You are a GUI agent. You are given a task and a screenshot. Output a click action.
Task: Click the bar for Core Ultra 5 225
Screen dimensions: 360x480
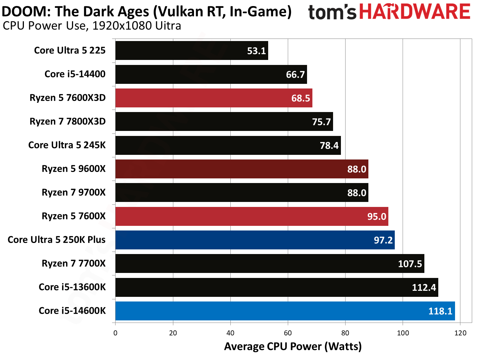[x=192, y=51]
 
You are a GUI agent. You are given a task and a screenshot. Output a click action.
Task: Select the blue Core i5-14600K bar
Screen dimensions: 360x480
[x=285, y=311]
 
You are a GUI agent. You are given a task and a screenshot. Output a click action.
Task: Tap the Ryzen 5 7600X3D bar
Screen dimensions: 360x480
[x=214, y=98]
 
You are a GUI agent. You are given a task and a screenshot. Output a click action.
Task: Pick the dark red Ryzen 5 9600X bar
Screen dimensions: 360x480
[x=241, y=169]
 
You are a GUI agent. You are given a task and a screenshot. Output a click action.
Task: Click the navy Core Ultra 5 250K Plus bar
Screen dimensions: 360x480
[x=255, y=240]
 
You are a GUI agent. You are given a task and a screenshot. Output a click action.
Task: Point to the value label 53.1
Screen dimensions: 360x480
[x=256, y=51]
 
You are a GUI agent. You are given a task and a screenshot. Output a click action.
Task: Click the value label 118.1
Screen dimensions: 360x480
[x=440, y=311]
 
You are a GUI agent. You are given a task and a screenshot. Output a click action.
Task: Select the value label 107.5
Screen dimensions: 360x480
[x=410, y=264]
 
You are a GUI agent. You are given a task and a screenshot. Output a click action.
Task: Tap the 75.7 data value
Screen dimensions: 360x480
[x=321, y=122]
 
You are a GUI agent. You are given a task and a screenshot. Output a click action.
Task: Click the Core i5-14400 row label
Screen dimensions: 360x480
[x=75, y=74]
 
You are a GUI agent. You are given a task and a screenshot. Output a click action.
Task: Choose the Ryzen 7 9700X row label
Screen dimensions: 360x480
[x=73, y=193]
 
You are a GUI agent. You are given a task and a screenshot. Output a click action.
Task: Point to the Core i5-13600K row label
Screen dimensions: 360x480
[x=72, y=287]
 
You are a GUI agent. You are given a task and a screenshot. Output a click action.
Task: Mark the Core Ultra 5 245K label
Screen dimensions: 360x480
[x=67, y=145]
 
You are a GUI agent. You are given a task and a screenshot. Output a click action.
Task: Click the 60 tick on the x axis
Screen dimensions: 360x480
[x=288, y=333]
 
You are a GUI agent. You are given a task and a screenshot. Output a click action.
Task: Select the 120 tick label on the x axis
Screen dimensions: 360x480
[x=460, y=333]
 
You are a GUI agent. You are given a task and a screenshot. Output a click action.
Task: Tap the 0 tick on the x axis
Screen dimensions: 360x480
[x=115, y=333]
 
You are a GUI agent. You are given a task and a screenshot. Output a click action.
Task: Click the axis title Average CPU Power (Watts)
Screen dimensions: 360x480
[x=293, y=346]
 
